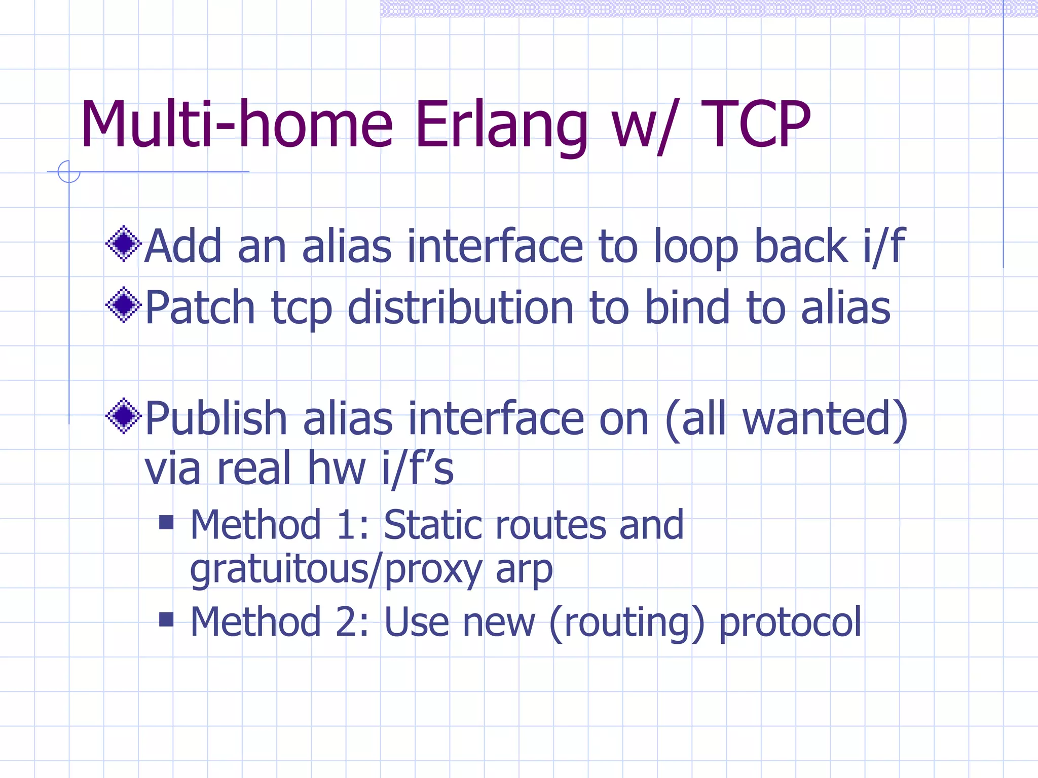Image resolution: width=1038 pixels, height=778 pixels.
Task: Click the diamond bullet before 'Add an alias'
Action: (123, 244)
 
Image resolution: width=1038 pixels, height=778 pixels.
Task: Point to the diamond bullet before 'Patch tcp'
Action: (123, 305)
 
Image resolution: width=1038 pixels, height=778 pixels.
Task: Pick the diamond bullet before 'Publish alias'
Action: (123, 416)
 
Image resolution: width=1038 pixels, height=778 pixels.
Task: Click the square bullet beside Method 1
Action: (166, 522)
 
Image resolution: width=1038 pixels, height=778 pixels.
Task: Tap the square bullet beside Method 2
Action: (166, 619)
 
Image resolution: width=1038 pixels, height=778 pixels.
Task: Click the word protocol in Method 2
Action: (790, 622)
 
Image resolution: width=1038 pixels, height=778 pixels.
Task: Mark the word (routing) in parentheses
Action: (626, 622)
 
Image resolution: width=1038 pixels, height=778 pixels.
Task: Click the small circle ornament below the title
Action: (69, 172)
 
